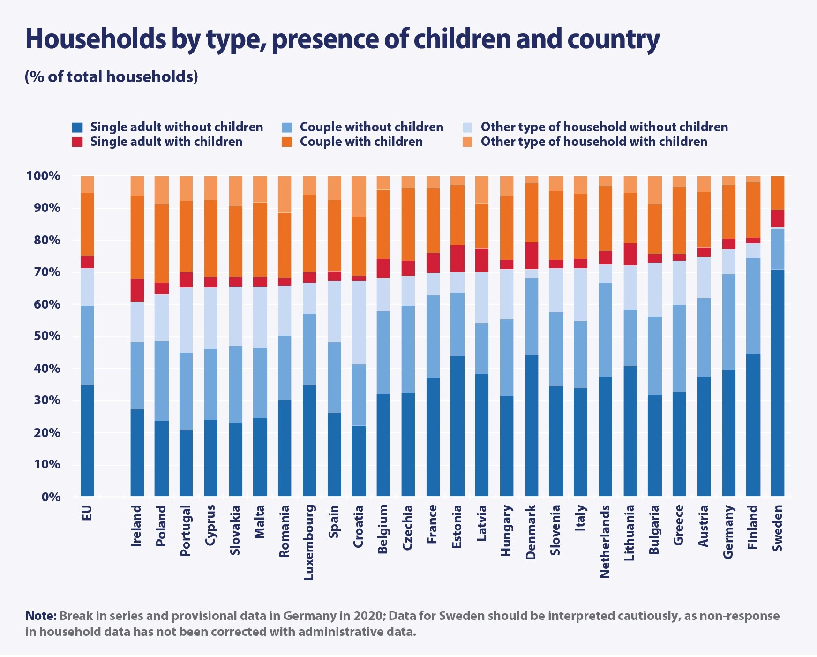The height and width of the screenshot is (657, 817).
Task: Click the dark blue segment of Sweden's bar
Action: point(777,382)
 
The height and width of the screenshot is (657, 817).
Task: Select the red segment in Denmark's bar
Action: point(531,256)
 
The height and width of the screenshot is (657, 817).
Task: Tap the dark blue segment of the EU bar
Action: point(87,440)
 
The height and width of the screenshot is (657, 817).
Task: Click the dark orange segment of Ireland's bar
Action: point(137,237)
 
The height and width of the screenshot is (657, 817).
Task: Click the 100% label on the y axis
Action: point(44,176)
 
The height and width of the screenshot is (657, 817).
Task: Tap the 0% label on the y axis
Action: point(51,497)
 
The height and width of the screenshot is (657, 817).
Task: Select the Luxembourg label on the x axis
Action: point(309,542)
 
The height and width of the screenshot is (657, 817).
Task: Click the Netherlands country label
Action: point(605,541)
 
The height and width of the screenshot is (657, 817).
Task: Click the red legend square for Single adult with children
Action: point(77,142)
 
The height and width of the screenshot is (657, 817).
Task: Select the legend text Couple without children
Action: point(371,127)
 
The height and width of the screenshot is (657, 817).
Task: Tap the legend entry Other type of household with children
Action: point(593,142)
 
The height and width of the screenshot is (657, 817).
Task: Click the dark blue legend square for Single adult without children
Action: point(77,127)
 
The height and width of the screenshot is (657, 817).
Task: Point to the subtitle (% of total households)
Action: point(112,76)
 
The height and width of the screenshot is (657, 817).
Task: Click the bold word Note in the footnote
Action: point(41,616)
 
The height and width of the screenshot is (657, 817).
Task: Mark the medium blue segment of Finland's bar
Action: point(753,305)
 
